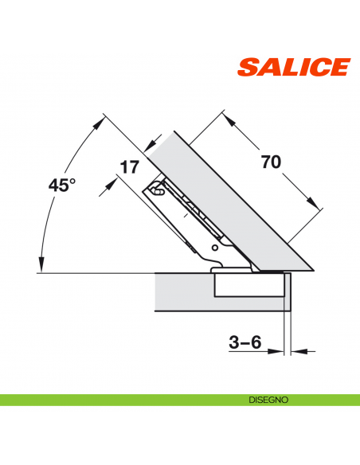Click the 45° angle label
[x=61, y=185]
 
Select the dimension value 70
[x=271, y=162]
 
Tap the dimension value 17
[x=129, y=167]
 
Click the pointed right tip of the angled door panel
[x=313, y=270]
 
